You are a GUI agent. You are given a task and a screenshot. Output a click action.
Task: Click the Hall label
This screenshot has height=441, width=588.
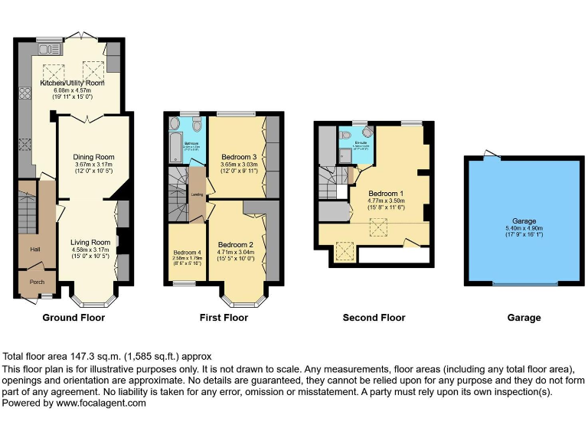click(x=34, y=250)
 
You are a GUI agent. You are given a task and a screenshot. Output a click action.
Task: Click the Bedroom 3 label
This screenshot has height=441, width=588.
click(x=237, y=157)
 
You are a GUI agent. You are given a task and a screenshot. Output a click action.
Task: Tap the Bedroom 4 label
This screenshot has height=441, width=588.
click(x=187, y=253)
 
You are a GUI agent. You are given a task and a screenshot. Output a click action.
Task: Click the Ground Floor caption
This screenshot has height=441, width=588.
click(x=73, y=318)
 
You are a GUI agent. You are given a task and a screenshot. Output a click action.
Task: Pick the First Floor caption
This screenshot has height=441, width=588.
click(x=224, y=318)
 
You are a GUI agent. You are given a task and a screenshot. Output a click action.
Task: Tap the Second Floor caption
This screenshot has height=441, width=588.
click(x=374, y=318)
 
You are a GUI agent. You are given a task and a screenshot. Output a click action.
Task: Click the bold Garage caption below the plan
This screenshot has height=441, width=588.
click(x=524, y=318)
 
